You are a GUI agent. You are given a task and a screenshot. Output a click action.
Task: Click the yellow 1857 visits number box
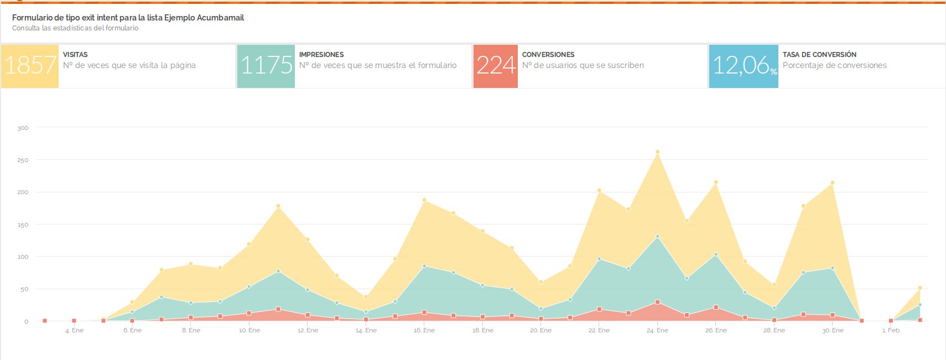(x=30, y=66)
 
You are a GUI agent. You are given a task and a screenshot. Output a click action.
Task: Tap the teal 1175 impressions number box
(x=266, y=66)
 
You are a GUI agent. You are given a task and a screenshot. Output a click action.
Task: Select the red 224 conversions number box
(x=496, y=66)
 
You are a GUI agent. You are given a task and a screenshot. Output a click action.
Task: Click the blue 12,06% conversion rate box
(x=744, y=66)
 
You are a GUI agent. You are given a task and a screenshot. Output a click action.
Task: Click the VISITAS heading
(x=75, y=55)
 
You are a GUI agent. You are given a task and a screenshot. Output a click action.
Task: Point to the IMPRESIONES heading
(x=321, y=55)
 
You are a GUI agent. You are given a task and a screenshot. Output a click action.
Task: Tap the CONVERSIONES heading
(x=548, y=55)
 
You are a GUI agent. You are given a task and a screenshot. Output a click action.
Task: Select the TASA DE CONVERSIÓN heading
(x=819, y=55)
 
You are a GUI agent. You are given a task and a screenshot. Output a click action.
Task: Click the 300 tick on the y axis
(x=23, y=128)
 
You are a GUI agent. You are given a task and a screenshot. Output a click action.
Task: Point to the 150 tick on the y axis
(x=23, y=225)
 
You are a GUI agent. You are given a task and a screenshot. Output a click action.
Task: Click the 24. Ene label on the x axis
(x=657, y=331)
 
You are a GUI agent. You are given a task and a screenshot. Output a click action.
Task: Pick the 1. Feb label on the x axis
(x=891, y=331)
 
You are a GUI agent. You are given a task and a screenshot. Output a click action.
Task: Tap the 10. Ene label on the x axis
(x=249, y=331)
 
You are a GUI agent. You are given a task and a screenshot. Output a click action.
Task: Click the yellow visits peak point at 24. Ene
(x=657, y=152)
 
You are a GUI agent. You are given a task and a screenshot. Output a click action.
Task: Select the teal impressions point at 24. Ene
(x=657, y=237)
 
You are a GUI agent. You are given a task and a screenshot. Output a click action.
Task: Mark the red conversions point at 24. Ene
(x=657, y=302)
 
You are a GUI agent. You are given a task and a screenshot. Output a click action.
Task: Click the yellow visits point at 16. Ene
(x=424, y=200)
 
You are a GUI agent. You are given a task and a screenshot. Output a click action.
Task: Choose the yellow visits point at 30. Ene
(x=833, y=183)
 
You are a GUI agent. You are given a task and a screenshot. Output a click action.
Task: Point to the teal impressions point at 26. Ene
(x=716, y=255)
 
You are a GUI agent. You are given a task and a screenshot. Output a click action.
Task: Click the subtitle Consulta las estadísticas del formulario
(x=75, y=28)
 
